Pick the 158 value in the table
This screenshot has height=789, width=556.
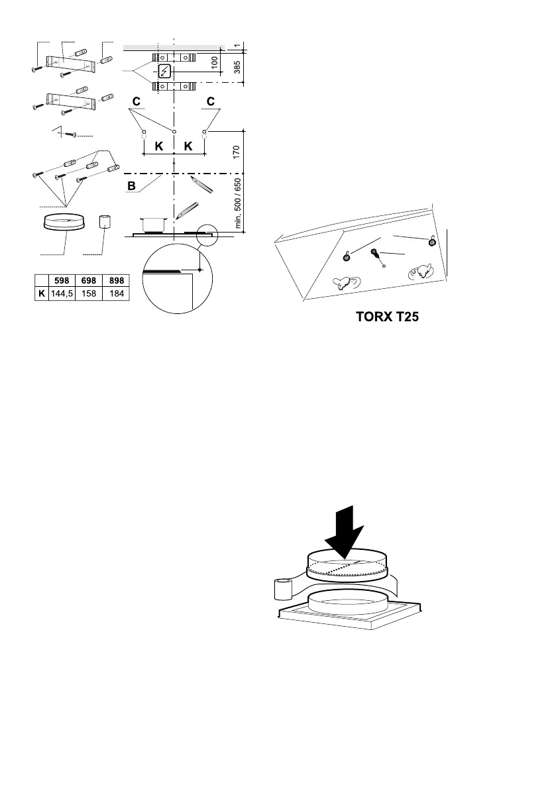[x=88, y=293]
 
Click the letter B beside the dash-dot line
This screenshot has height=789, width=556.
[x=131, y=187]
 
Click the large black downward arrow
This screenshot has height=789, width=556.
[x=345, y=531]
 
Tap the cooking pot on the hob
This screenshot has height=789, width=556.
[x=152, y=223]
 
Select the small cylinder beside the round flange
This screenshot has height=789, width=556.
[x=104, y=221]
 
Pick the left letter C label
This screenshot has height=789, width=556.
[x=136, y=101]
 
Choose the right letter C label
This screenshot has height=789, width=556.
[x=210, y=101]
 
